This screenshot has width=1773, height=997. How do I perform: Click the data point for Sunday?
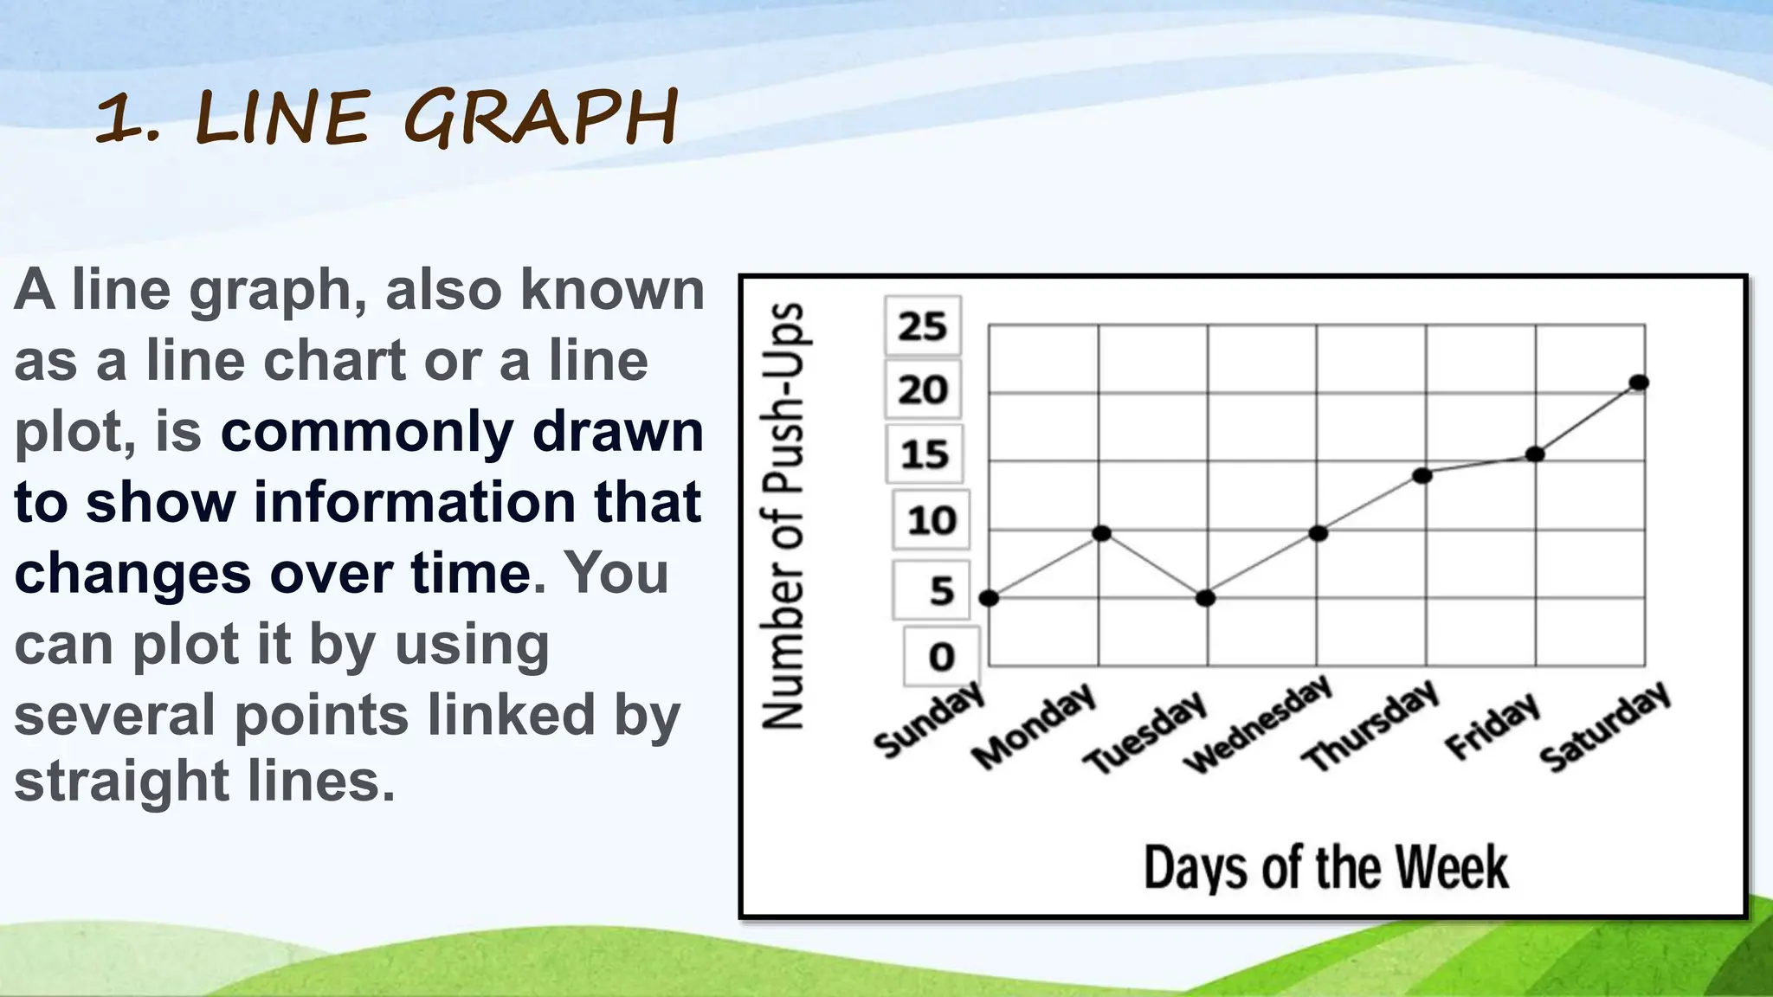pos(990,598)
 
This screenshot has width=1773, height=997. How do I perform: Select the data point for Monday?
pos(1101,533)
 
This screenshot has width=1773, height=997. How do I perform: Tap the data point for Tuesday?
pos(1205,598)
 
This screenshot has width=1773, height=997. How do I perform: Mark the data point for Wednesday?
pos(1318,533)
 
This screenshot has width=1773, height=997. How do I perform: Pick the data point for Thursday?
pos(1422,475)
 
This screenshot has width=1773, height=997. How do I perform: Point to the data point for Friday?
pos(1535,453)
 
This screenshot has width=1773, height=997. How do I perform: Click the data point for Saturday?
pos(1638,383)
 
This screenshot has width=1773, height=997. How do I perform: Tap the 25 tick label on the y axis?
pos(923,327)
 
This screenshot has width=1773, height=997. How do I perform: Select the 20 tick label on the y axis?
pos(923,390)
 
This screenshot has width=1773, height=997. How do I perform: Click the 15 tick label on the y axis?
pos(924,454)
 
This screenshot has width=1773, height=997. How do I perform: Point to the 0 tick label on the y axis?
pos(942,657)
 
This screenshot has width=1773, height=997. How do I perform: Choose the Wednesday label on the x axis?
pos(1258,724)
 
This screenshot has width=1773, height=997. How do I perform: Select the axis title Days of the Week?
pos(1325,867)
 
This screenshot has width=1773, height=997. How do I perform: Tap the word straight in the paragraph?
pos(122,782)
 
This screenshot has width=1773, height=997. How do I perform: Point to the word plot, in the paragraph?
pos(74,432)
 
